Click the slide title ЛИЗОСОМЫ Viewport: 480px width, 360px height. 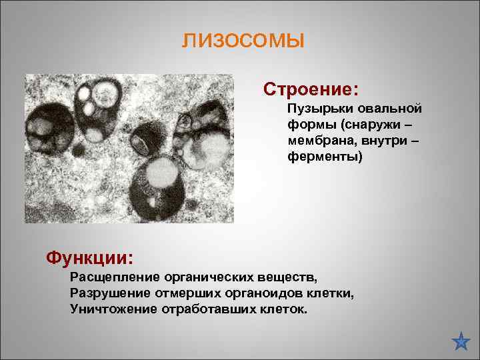[243, 42]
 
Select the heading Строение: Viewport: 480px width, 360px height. [311, 89]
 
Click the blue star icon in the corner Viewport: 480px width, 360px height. [461, 341]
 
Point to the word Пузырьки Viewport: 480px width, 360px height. [316, 108]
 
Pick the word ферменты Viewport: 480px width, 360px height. [324, 158]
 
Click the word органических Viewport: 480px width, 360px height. [212, 277]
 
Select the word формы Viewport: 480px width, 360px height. [309, 125]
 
